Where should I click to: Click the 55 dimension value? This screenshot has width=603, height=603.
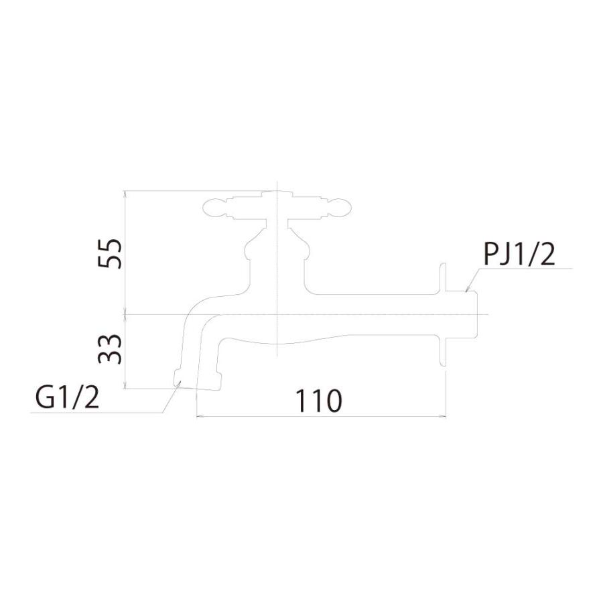tap(110, 254)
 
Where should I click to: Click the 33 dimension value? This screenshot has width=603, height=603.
tap(110, 349)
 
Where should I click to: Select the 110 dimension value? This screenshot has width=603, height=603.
tap(318, 401)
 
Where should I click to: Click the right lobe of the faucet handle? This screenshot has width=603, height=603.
tap(339, 208)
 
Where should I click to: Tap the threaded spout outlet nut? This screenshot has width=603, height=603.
tap(198, 380)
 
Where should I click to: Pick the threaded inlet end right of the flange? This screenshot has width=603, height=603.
tap(462, 314)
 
